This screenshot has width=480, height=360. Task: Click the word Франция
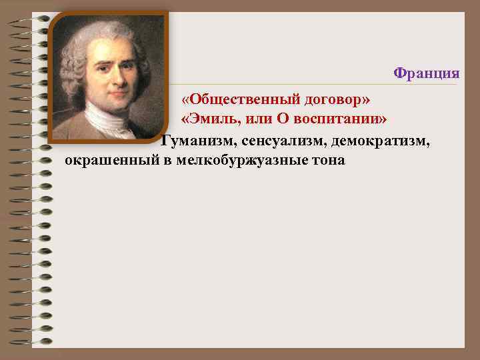[427, 72]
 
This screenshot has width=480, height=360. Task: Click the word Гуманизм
[195, 141]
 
